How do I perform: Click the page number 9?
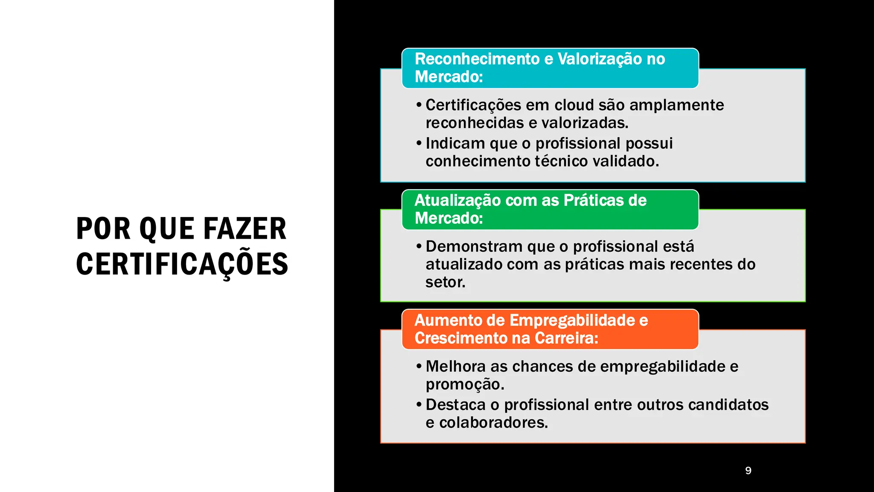748,470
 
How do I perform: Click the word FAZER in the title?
245,229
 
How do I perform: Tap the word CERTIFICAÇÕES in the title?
182,264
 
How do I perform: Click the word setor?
445,282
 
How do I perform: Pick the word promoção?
465,384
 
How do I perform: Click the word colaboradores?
493,423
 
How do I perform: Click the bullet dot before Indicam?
419,143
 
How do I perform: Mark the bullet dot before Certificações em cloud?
419,105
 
